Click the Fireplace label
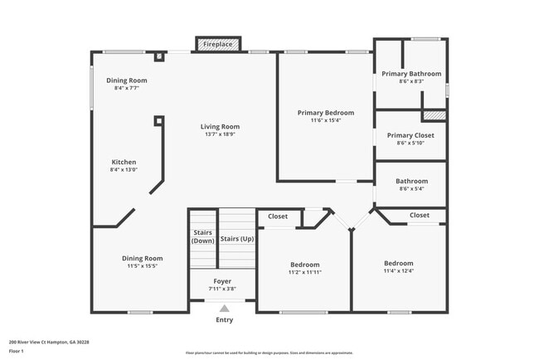[219, 43]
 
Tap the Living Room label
[220, 127]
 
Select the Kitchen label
[124, 162]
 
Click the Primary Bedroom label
[326, 113]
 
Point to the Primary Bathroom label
[411, 74]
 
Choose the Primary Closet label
[411, 135]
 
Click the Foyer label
[222, 281]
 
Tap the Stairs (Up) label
[237, 239]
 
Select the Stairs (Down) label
[203, 236]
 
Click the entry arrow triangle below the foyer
[224, 309]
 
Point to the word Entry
[224, 320]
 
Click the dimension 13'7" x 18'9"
[220, 134]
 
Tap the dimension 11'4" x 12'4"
[398, 271]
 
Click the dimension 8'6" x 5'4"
[411, 189]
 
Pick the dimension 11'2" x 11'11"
[304, 272]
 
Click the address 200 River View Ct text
[49, 342]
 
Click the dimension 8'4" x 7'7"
[126, 88]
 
